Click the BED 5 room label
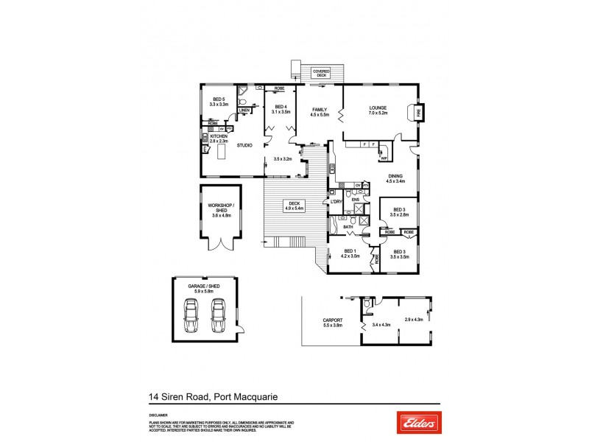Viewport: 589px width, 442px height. coord(219,99)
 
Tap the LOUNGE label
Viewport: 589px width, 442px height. coord(378,108)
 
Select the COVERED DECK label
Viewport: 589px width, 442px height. coord(321,73)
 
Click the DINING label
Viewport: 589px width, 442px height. coord(395,175)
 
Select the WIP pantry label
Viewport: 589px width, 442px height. coord(384,158)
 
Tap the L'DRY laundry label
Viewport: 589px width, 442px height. coord(338,201)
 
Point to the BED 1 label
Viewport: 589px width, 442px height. coord(350,251)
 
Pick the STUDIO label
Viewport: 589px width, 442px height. coord(244,145)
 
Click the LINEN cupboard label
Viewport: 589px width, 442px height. coord(244,110)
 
